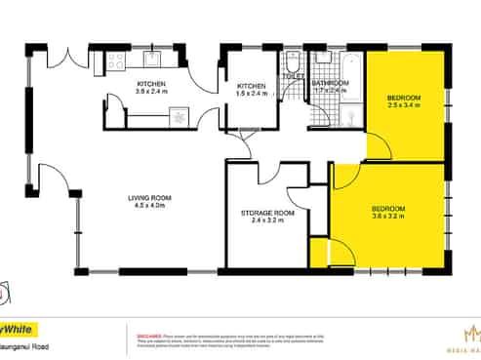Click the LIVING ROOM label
(x=149, y=198)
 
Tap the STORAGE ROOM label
(x=266, y=213)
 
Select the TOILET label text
(x=293, y=76)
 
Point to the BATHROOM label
(x=331, y=84)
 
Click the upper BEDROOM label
(x=403, y=98)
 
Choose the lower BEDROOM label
(x=388, y=209)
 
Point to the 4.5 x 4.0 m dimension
(x=149, y=207)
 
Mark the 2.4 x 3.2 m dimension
(x=266, y=221)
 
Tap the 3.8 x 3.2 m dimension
(x=388, y=218)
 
